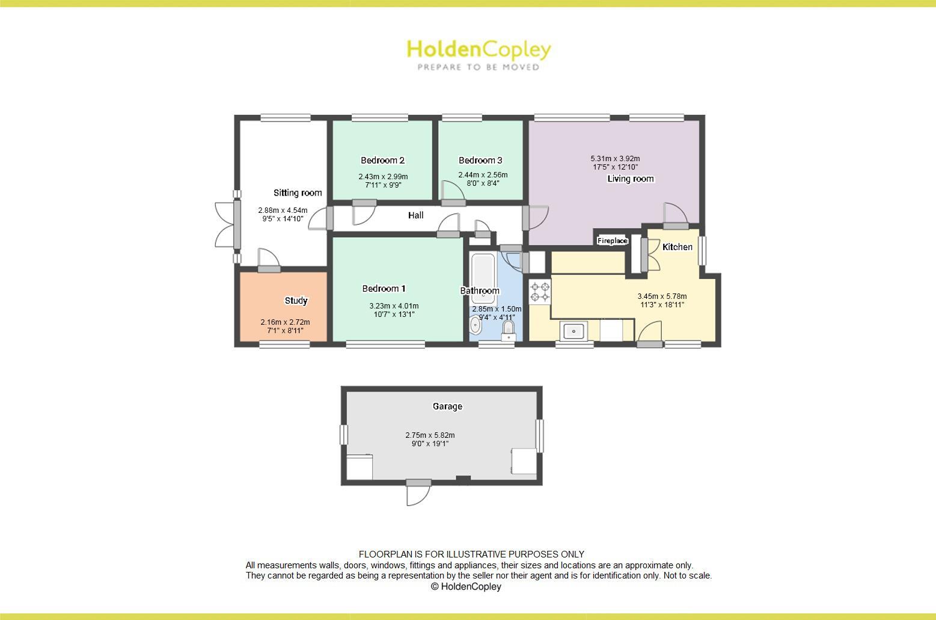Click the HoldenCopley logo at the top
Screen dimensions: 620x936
coord(479,54)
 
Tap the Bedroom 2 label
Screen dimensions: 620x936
coord(382,160)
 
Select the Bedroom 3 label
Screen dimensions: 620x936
coord(480,160)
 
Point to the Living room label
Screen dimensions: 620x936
coord(630,179)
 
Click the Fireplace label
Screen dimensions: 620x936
coord(612,241)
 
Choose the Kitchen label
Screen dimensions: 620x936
coord(677,247)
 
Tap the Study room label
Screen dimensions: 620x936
coord(296,300)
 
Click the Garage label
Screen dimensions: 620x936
coord(447,407)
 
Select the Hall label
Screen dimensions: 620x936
coord(415,215)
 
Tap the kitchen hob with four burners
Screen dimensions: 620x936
coord(539,292)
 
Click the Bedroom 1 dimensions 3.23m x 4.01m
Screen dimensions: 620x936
coord(394,305)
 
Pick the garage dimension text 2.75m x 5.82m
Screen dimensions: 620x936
coord(430,435)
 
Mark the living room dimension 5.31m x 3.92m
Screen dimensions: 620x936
coord(615,159)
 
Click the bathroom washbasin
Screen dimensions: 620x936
coord(476,325)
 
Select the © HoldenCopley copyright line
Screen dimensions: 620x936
coord(466,586)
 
